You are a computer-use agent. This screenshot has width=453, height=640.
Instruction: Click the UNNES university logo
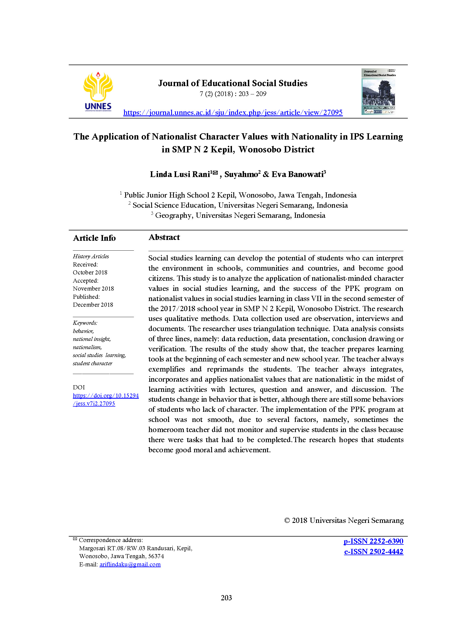point(98,91)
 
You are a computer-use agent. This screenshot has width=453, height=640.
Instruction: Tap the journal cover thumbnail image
point(379,92)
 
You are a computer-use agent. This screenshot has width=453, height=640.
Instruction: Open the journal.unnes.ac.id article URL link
point(233,112)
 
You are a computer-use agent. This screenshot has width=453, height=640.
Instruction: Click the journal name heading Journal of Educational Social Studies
point(233,83)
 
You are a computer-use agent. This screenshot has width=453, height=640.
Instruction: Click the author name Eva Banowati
point(298,174)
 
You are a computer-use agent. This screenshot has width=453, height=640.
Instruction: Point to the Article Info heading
point(94,238)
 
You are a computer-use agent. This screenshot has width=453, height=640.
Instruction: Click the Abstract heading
point(164,237)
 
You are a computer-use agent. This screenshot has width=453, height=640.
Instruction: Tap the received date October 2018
point(90,272)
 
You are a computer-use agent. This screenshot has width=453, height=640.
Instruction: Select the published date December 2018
point(93,305)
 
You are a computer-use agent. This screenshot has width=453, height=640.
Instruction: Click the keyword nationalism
point(87,347)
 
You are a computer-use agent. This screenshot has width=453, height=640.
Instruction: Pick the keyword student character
point(93,363)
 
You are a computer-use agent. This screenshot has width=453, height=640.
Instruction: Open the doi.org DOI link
point(105,399)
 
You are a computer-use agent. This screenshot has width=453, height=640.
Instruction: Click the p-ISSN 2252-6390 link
point(373,541)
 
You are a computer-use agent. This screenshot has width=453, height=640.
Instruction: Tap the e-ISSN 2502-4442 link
point(374,552)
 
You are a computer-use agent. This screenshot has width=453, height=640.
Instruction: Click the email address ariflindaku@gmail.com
point(130,564)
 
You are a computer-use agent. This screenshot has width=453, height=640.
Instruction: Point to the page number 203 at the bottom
point(226,598)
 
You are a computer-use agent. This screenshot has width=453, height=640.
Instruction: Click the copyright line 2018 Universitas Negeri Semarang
point(344,520)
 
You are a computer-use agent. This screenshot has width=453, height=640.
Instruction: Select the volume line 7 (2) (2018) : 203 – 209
point(233,94)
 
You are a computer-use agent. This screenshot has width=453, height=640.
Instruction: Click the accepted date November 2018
point(93,288)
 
